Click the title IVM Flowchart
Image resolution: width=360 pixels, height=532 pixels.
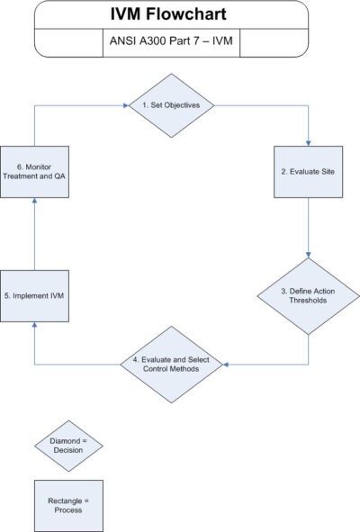(171, 14)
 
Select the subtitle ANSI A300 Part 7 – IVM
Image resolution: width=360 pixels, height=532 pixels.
(170, 41)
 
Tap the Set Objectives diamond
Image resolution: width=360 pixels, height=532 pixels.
(171, 105)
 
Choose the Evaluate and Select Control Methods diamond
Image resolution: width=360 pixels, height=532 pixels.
(170, 364)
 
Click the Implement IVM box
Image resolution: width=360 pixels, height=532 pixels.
(33, 294)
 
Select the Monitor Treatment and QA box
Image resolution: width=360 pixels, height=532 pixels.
(34, 172)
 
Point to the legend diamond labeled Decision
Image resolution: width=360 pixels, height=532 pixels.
(68, 446)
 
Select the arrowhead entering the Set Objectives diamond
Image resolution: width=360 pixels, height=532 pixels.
(125, 105)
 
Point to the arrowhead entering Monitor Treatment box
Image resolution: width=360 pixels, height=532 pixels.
(33, 203)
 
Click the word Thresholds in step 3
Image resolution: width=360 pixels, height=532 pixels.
(310, 300)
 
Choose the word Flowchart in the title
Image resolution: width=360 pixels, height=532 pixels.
(192, 14)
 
